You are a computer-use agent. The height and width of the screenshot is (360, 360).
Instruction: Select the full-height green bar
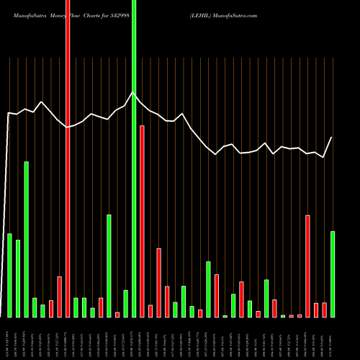coord(134,158)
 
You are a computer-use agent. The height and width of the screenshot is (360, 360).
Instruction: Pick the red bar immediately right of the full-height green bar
coord(142,221)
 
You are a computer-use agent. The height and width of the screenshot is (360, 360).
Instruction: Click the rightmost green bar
coord(333,274)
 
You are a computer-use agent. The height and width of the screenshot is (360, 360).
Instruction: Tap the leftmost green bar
coord(9,275)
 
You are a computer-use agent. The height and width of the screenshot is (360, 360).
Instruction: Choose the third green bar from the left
coord(26,239)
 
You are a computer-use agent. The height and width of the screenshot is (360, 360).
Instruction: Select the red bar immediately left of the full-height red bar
coord(59,297)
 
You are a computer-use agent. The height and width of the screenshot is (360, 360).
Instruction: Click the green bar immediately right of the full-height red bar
coord(76,307)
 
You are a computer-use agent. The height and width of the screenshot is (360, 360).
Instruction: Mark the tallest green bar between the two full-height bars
coord(109,266)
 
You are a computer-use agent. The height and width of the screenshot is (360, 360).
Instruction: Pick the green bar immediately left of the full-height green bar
coord(125,303)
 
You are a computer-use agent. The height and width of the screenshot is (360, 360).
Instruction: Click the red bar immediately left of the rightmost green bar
coord(324,310)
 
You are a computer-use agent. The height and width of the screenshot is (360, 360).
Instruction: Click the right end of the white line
coord(332,137)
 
